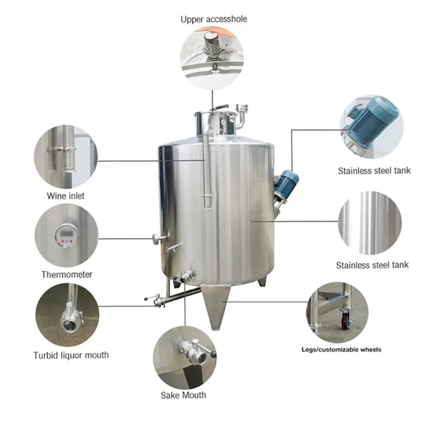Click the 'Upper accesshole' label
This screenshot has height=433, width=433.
coord(214,19)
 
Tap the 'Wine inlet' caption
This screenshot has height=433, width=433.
coord(65,196)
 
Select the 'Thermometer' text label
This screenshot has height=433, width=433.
coord(67,274)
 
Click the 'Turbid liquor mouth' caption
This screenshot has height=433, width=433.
coord(71,355)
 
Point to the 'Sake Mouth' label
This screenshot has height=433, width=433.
coord(183,395)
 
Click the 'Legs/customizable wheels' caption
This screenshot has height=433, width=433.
coord(342,350)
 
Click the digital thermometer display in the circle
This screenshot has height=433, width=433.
coord(67,235)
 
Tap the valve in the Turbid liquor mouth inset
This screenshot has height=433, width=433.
coord(69,318)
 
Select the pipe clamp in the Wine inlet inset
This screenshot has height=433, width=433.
coord(62,150)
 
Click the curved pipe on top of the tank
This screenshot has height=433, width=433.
coord(241,116)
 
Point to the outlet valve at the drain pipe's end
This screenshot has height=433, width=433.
coord(156,300)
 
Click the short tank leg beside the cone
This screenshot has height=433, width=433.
coord(263,281)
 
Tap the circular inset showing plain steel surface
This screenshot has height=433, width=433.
coord(370,222)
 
